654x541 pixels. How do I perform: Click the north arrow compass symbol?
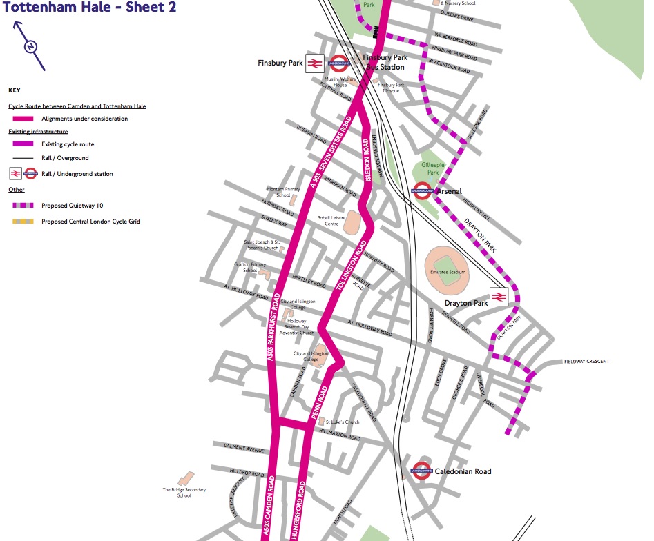[x=30, y=46]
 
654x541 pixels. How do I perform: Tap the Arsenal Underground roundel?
[x=423, y=191]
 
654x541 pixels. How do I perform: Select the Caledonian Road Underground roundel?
[x=421, y=471]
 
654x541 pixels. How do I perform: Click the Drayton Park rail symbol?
[x=500, y=297]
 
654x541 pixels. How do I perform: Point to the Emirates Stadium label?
[x=448, y=272]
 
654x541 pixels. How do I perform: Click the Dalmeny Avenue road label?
[x=244, y=449]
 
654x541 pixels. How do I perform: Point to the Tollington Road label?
[x=352, y=265]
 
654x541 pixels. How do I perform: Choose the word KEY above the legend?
[x=15, y=90]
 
